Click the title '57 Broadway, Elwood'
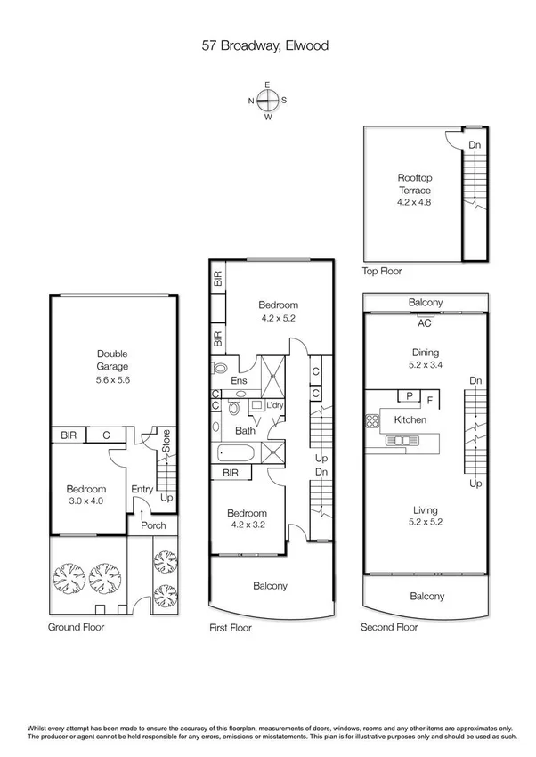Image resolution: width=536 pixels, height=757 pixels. (266, 44)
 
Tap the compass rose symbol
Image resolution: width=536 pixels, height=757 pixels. (267, 100)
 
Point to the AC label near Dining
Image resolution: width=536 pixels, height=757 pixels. (426, 324)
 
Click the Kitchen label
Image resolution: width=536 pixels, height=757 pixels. (410, 419)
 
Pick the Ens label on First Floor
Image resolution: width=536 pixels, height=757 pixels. (239, 381)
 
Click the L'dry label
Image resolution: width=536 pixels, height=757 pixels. (274, 406)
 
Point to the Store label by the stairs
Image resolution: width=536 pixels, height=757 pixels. (166, 439)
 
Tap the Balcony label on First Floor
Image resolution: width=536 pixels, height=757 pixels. (270, 586)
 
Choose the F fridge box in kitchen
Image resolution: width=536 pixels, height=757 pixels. (430, 401)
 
